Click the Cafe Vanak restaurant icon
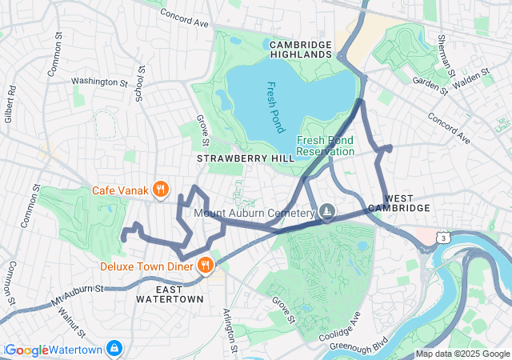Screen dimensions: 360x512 click(161, 189)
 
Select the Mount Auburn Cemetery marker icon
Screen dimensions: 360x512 click(326, 213)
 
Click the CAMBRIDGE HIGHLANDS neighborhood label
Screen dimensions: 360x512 click(300, 48)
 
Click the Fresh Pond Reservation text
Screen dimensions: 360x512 click(325, 145)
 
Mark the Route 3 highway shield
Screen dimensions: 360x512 click(442, 238)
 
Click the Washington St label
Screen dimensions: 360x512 click(99, 82)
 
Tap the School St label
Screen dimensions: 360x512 click(139, 84)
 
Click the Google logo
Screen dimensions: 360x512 click(27, 350)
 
